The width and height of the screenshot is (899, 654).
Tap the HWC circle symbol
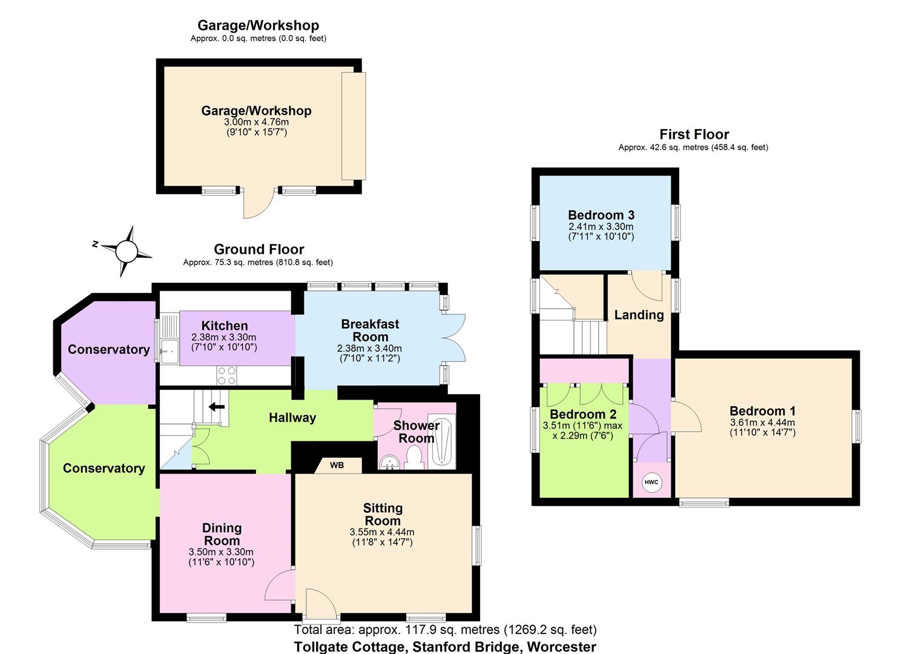pos(651,482)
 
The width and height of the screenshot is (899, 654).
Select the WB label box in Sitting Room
pos(338,465)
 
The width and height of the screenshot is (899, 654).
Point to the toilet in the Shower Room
pos(415,457)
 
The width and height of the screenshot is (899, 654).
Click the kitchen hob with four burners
pos(227,375)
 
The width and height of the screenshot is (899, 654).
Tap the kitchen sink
pos(168,348)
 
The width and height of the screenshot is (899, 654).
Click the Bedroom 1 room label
pos(762,411)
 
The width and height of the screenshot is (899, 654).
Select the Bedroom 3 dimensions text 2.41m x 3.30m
pos(601,226)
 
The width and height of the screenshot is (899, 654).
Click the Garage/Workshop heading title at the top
pos(258,25)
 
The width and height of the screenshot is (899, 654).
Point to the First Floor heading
pos(694,134)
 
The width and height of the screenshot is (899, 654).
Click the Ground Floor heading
pos(259,249)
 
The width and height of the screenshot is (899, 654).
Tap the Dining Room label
pos(222,534)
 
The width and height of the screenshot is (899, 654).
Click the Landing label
pos(639,315)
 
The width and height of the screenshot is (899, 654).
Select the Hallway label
pos(292,418)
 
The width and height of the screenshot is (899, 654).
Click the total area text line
pos(445,630)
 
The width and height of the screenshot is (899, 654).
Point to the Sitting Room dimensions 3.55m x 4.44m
pos(382,532)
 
